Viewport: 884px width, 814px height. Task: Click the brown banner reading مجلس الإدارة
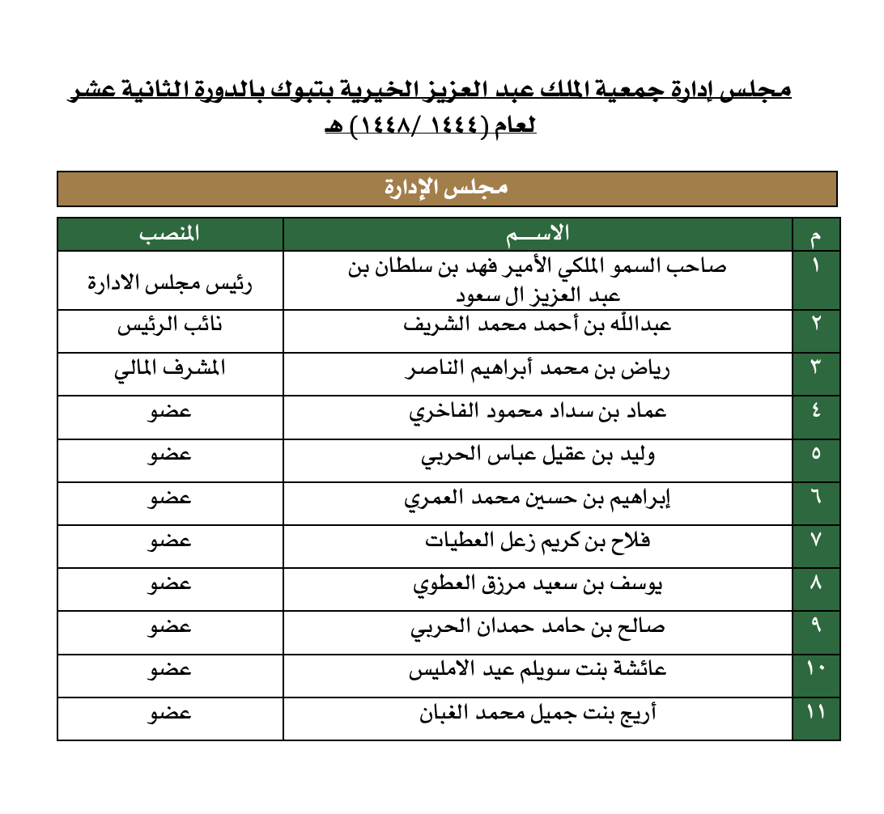point(446,189)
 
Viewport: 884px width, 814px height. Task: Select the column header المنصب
point(169,235)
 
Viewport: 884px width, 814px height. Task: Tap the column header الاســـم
point(538,235)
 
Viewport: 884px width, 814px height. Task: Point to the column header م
point(815,237)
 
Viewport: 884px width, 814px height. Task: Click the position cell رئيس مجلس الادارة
point(170,283)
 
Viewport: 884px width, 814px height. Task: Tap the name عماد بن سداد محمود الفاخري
point(538,412)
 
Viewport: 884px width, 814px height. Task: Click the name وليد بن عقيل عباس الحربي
point(538,455)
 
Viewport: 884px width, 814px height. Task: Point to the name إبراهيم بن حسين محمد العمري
point(538,498)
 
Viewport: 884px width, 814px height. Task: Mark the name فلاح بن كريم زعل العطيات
point(538,541)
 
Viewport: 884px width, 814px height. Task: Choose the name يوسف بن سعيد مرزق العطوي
point(538,585)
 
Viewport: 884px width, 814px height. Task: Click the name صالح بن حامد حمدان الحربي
point(538,628)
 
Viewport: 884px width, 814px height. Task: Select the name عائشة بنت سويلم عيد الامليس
point(538,671)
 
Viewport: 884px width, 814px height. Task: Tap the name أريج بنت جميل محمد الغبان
point(538,714)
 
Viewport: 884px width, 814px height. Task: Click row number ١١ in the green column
point(815,714)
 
